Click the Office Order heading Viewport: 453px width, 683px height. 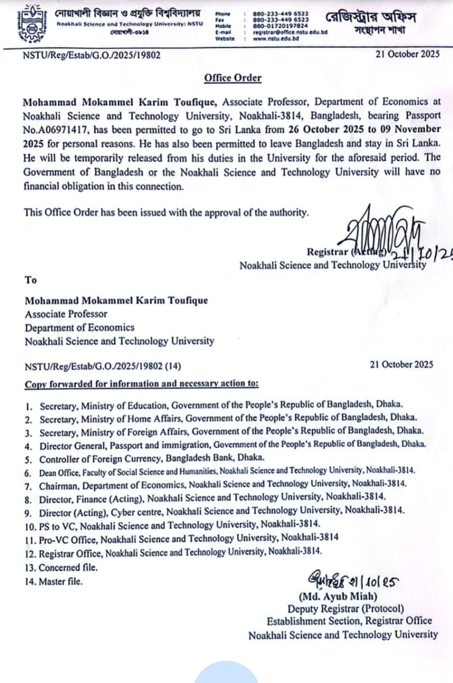(233, 78)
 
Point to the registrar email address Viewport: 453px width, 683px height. (290, 32)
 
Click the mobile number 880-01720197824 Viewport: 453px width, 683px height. (280, 26)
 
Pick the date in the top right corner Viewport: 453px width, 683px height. (407, 54)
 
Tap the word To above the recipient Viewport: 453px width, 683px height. (30, 280)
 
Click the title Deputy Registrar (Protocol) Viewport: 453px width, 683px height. (345, 608)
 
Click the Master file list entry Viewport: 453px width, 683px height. (60, 581)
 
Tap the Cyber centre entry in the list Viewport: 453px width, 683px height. (221, 510)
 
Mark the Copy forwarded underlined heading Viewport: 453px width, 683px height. (142, 383)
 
